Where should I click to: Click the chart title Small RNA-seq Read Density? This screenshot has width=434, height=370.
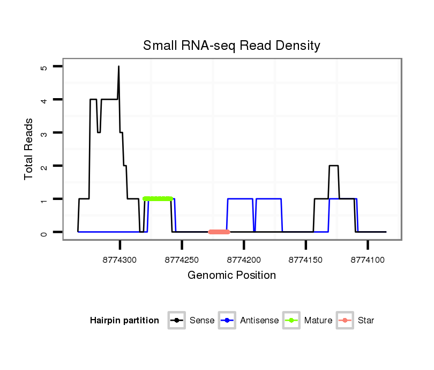[231, 46]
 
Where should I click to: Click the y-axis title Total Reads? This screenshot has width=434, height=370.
[29, 149]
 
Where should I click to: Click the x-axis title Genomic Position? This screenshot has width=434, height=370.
[231, 276]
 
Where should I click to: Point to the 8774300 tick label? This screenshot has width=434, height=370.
[120, 260]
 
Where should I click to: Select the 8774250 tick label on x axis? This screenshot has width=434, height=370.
[182, 260]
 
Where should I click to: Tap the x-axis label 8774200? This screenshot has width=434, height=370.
[244, 260]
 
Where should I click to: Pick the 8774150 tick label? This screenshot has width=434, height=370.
[305, 260]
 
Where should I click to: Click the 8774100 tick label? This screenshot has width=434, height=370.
[368, 260]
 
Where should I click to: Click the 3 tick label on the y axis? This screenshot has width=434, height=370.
[44, 133]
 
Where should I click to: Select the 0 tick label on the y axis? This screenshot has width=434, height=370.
[44, 232]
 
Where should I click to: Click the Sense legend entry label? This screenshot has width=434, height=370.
[202, 321]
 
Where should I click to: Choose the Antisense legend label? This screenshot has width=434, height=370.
[259, 321]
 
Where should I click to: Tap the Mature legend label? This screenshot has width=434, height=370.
[318, 321]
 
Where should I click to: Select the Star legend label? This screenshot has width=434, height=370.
[366, 321]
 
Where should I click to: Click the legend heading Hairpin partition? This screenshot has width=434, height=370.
[124, 321]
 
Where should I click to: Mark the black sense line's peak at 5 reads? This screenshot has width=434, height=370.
[118, 67]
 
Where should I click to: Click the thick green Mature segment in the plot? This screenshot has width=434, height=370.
[158, 199]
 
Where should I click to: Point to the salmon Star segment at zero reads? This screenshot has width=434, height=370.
[219, 232]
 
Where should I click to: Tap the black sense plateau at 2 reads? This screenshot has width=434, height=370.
[333, 166]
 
